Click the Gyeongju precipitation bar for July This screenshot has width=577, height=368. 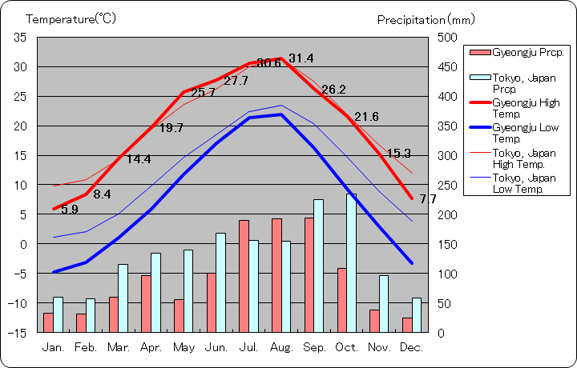244,276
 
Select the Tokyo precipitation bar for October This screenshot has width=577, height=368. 351,262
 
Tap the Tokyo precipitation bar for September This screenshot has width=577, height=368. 318,266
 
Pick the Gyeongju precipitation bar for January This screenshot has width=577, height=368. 48,322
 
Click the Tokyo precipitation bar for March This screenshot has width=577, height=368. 123,298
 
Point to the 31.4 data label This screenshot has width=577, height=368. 301,58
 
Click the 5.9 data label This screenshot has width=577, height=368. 70,210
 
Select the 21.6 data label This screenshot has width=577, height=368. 366,117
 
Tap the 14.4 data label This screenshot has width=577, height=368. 139,159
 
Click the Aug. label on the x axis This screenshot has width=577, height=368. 281,347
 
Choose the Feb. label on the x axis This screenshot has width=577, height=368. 86,347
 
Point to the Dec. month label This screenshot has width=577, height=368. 411,347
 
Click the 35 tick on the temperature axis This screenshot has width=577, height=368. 20,38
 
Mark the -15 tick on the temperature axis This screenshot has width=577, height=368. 18,333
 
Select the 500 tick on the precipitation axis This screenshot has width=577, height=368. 447,38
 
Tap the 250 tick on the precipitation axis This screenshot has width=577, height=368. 447,186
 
